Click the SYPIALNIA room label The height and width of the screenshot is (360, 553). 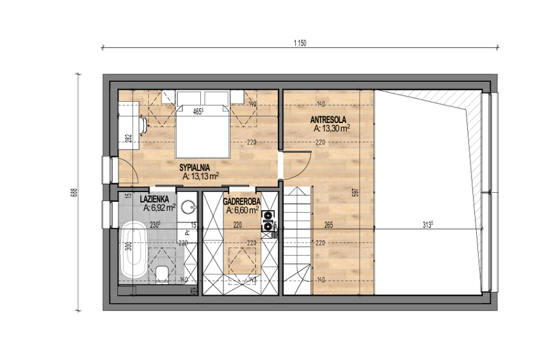(x=195, y=168)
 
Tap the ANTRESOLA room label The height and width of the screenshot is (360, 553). (x=328, y=120)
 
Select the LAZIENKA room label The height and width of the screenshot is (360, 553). (x=154, y=199)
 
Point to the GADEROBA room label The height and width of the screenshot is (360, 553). (x=242, y=202)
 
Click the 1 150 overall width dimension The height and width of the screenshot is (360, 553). (x=300, y=44)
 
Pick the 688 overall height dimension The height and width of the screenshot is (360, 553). (x=74, y=192)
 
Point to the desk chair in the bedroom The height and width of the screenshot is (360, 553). (x=143, y=125)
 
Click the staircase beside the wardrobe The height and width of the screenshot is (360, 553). (x=298, y=240)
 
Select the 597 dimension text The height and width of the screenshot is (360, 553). (x=356, y=192)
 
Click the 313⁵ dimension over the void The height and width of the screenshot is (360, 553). (x=427, y=224)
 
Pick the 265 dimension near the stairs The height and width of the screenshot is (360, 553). (x=328, y=225)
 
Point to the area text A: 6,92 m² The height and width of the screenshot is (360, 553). (x=159, y=208)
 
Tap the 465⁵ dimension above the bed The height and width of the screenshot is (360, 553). (x=198, y=112)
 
